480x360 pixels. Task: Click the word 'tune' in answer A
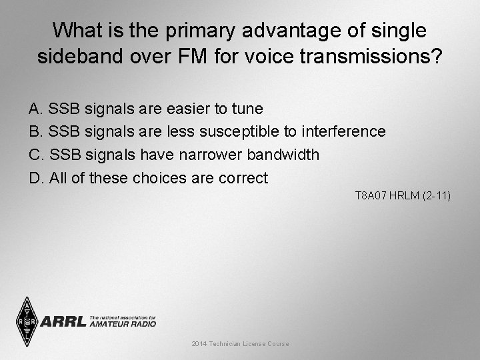(x=248, y=108)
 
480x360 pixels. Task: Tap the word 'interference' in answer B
(x=343, y=131)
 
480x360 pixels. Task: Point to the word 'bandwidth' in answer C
(x=283, y=155)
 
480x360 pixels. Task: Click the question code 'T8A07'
(x=369, y=196)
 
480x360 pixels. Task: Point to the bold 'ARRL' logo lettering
(x=64, y=322)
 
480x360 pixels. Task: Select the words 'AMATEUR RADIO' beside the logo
(x=123, y=324)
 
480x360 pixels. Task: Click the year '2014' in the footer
(x=199, y=344)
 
